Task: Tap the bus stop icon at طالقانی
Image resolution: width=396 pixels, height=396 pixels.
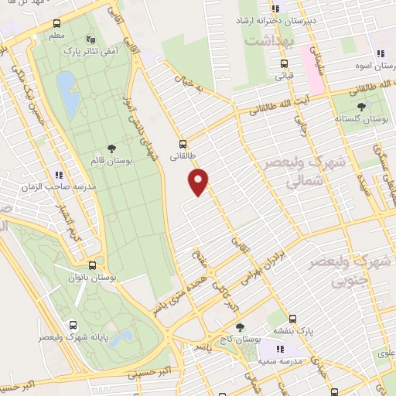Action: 183,143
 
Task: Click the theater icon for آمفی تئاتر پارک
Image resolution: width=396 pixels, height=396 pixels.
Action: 91,38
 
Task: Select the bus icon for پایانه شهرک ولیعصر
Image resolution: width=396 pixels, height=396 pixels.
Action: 72,326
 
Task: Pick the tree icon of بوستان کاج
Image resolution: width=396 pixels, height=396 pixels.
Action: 239,328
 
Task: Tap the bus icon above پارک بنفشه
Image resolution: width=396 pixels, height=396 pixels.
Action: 292,319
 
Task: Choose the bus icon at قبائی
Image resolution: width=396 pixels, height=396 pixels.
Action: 285,64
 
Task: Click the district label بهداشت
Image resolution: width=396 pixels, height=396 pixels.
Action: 266,37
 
